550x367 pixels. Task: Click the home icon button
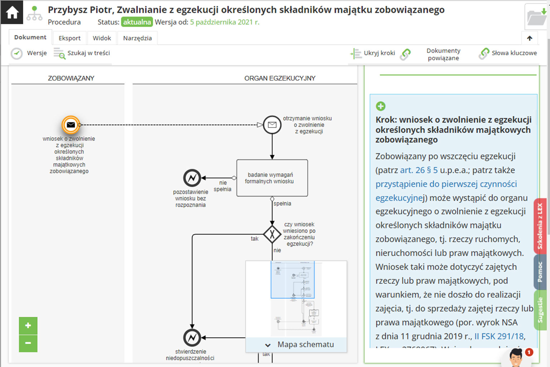click(12, 13)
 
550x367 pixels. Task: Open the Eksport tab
click(69, 38)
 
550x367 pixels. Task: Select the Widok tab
click(102, 38)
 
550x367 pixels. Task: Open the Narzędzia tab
click(137, 38)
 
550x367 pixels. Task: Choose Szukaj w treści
click(82, 53)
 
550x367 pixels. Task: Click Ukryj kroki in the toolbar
click(373, 53)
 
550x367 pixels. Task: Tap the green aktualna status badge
click(137, 22)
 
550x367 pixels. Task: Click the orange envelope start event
click(71, 125)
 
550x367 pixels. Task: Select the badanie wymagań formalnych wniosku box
click(272, 178)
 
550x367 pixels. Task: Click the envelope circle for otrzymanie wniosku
click(272, 125)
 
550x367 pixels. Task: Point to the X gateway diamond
click(272, 234)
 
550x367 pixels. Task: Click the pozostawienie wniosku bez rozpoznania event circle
click(192, 178)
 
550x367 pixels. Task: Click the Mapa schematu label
click(305, 344)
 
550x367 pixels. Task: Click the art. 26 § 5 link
click(419, 170)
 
